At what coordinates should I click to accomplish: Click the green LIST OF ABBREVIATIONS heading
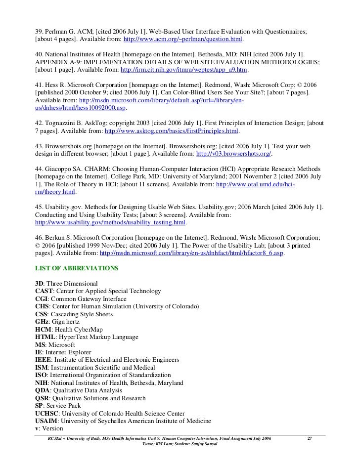(77, 268)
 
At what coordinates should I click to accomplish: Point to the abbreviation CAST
(44, 291)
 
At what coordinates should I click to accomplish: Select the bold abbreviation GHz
(42, 322)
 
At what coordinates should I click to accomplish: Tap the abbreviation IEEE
(44, 360)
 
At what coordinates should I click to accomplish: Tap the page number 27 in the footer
(310, 439)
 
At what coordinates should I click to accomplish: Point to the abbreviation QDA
(43, 390)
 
